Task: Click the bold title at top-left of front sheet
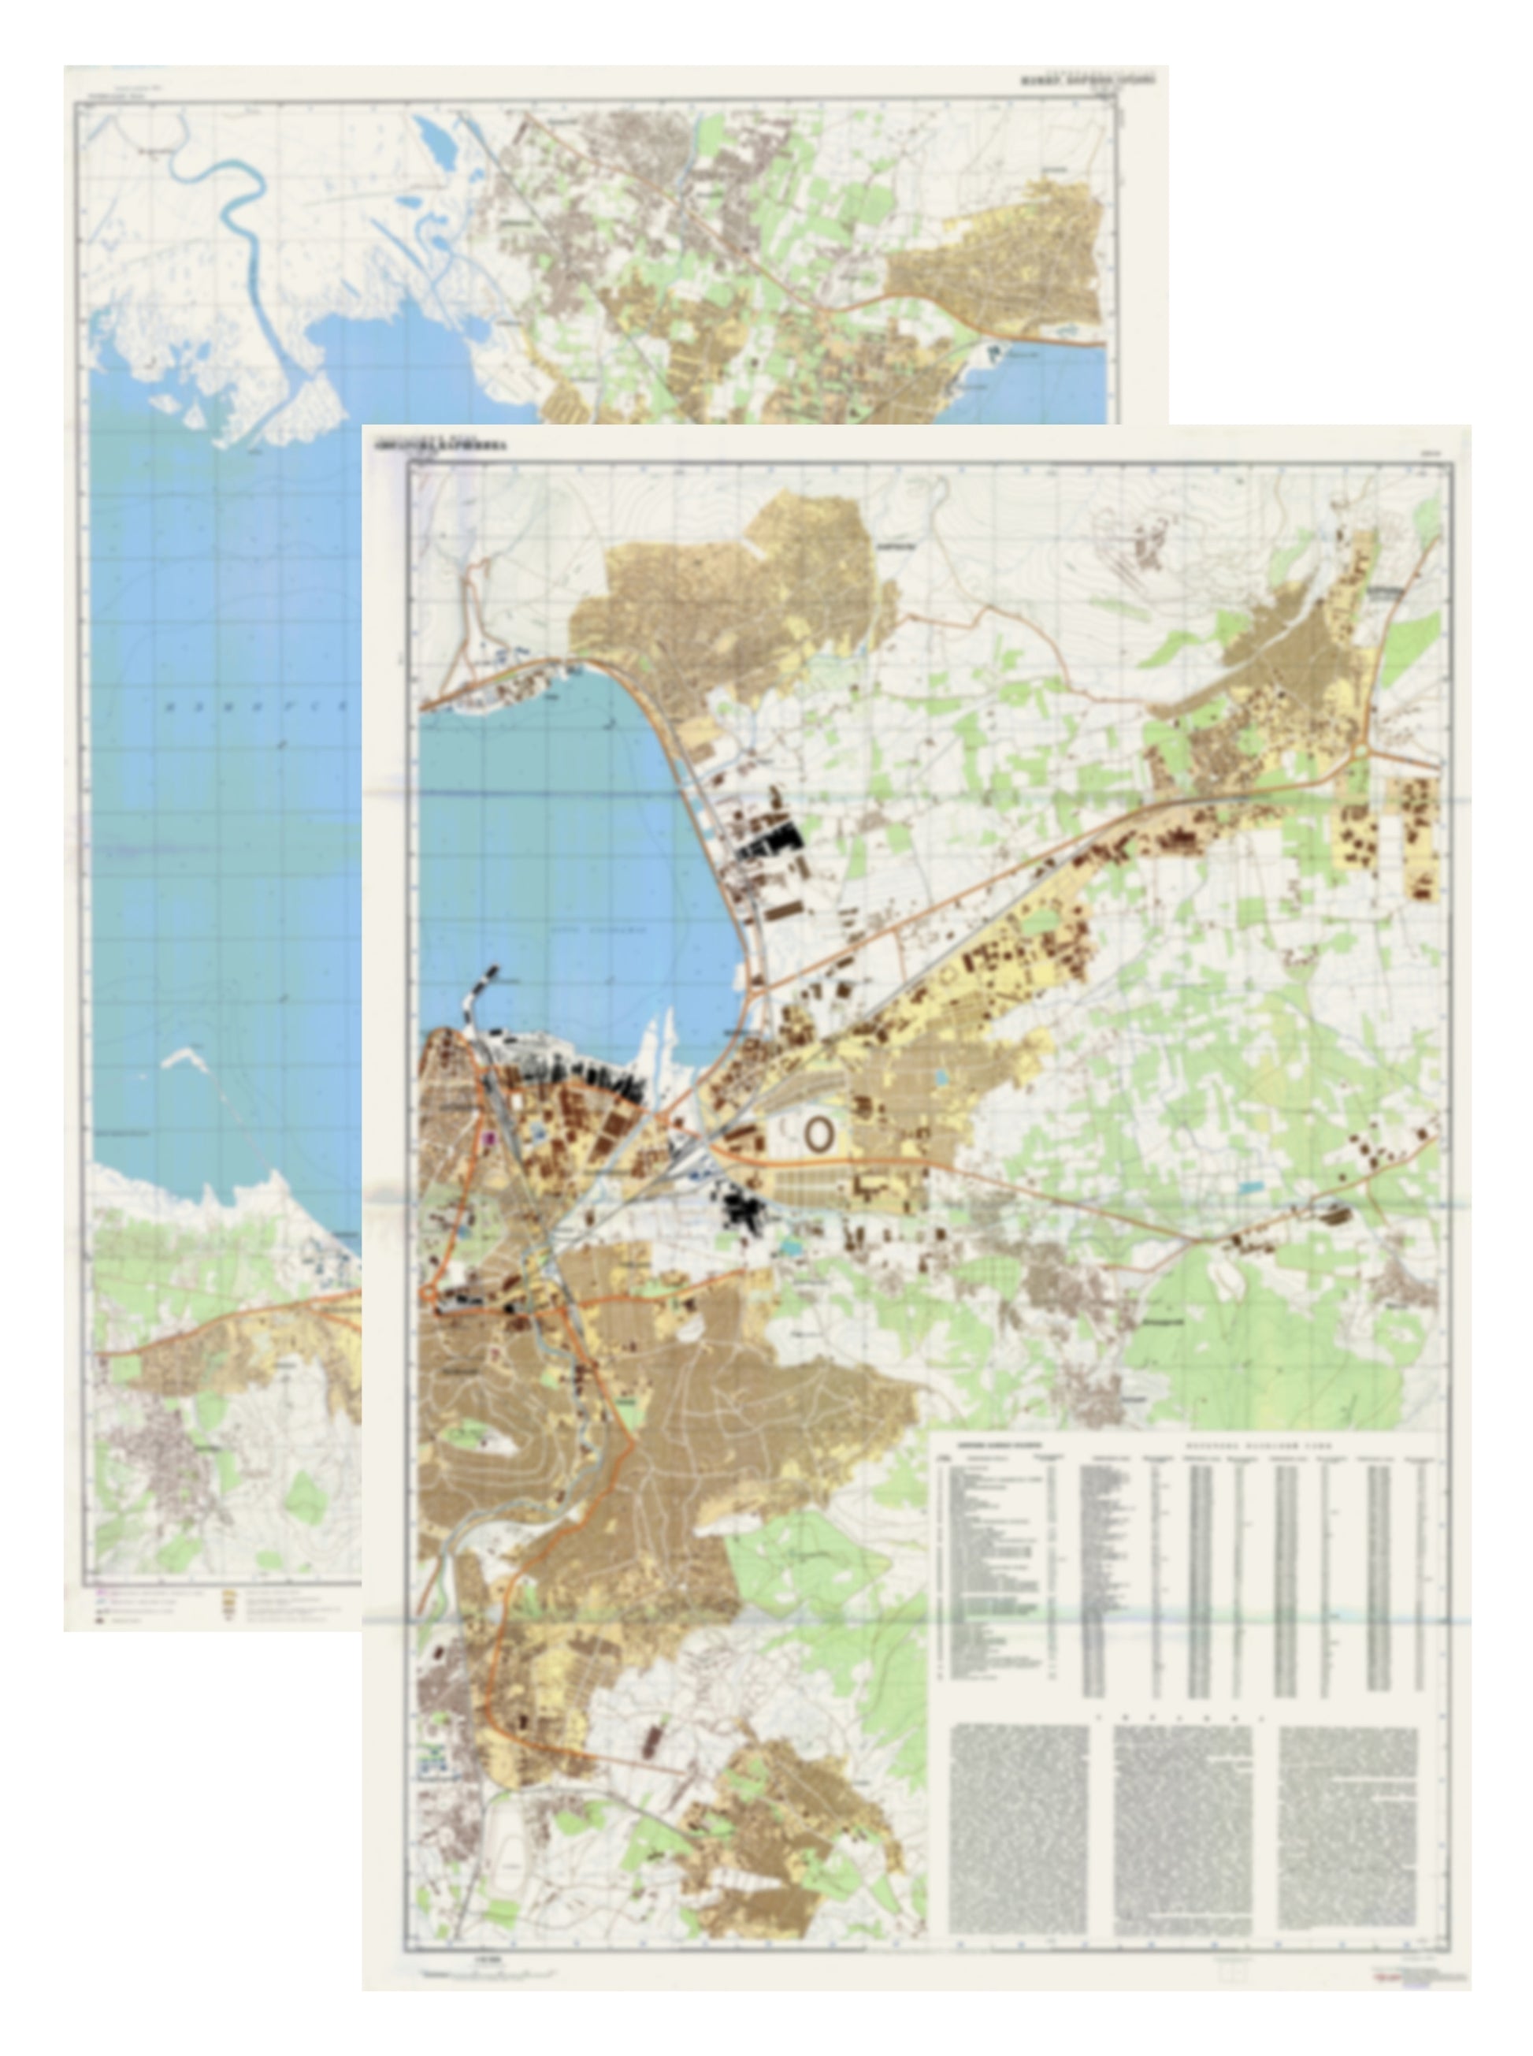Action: (x=443, y=447)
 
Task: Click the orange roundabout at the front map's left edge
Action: (x=429, y=1294)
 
